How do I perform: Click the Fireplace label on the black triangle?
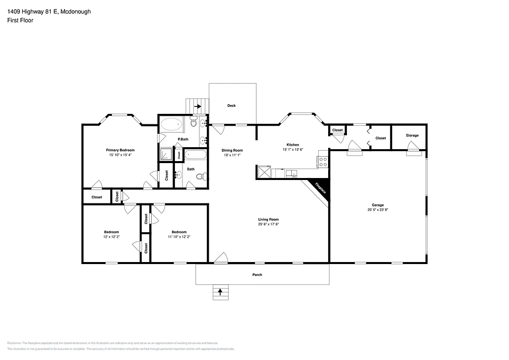321,190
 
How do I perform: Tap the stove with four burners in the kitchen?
323,162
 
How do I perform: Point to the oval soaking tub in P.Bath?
172,124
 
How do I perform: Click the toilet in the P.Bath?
194,122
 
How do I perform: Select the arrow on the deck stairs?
197,106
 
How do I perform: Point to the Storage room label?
412,135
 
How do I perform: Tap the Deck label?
232,105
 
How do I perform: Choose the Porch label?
257,275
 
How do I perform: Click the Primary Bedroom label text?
120,150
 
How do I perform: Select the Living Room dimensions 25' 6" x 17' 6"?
268,224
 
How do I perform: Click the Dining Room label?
232,150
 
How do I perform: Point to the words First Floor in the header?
20,20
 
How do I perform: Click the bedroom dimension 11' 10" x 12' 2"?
179,237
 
